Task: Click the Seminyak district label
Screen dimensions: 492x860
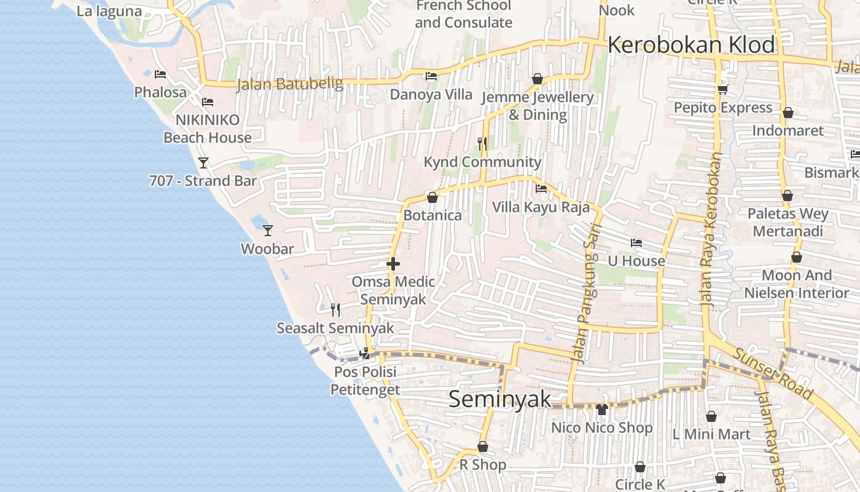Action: [500, 399]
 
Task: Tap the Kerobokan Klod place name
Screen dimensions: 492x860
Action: [691, 46]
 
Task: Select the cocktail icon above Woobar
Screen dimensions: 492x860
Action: [267, 231]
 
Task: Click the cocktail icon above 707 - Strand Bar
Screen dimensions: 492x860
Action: [203, 163]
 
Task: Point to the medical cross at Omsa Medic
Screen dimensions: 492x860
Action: [393, 264]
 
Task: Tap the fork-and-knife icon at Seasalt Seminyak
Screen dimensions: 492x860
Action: [335, 309]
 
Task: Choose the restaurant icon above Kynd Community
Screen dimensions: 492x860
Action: [482, 144]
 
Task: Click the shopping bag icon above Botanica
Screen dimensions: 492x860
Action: [432, 197]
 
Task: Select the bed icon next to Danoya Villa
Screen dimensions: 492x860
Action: [431, 76]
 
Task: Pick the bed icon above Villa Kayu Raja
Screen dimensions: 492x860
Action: [541, 189]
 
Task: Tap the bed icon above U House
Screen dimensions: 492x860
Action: [636, 243]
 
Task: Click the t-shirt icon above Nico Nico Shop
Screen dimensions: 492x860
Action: [602, 409]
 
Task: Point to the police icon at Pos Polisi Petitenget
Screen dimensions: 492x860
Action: [365, 353]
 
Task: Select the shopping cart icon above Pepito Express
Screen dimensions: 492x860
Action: [722, 90]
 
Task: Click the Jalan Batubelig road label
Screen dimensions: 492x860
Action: [289, 84]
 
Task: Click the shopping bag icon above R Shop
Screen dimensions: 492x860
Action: [483, 446]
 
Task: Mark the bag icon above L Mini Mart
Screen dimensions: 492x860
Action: [711, 416]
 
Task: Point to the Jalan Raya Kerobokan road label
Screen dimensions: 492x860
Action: [714, 231]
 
